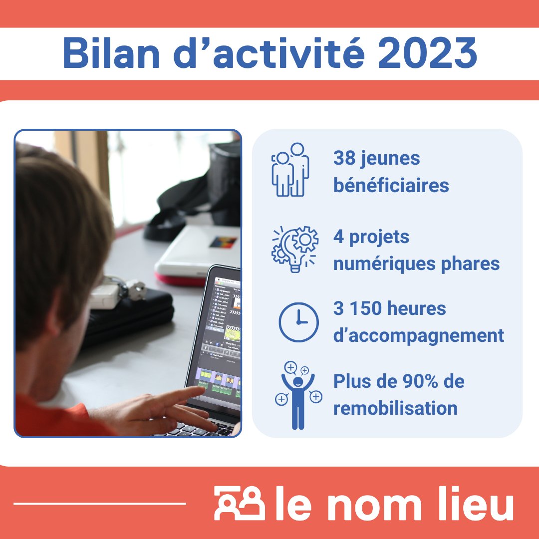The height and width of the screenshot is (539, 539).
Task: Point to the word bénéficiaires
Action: click(391, 186)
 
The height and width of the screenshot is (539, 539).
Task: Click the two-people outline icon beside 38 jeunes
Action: click(291, 170)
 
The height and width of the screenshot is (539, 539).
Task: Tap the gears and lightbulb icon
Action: click(295, 249)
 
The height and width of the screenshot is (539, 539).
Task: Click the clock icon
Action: click(298, 322)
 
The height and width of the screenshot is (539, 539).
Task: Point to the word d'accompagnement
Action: click(418, 336)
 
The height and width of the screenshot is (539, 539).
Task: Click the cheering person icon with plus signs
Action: click(298, 395)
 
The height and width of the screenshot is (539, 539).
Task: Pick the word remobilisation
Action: click(395, 408)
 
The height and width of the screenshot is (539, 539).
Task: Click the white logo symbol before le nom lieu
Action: click(239, 503)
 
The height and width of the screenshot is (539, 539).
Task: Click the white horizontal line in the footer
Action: click(99, 504)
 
